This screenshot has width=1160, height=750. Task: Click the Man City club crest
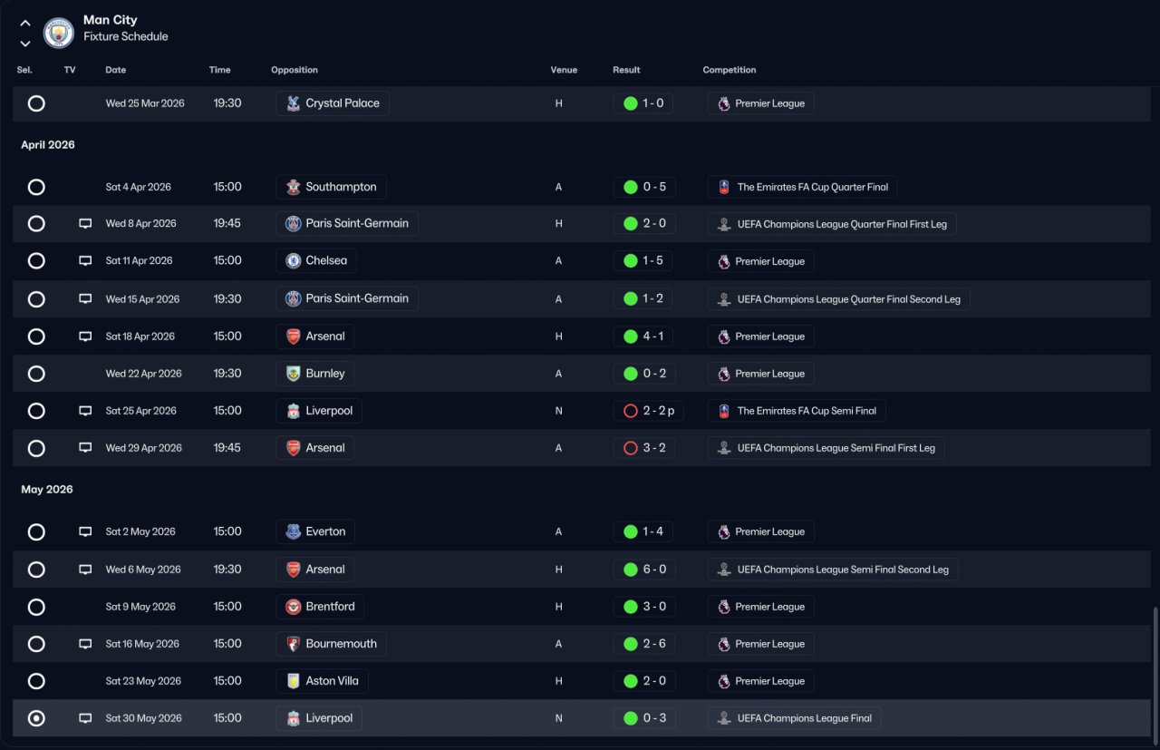[59, 33]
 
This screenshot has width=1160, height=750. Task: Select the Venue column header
[564, 70]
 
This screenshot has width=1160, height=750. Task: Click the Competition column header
[730, 70]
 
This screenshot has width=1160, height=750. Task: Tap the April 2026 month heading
[48, 144]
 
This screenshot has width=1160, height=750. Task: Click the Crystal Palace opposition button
[333, 103]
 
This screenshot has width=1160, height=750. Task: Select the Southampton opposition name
[341, 187]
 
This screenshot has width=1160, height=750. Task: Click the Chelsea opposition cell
[316, 260]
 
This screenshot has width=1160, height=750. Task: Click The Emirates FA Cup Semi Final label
[807, 411]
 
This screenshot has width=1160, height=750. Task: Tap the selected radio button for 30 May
[36, 718]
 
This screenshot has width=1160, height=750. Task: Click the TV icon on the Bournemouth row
[85, 644]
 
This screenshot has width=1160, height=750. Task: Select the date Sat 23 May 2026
[143, 680]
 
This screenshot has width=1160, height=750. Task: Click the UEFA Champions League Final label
[804, 718]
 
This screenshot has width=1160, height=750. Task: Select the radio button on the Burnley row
[36, 373]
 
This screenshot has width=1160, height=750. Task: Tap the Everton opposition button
[315, 531]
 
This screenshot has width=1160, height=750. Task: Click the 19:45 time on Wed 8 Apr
[227, 223]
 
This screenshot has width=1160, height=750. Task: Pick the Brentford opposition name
[331, 607]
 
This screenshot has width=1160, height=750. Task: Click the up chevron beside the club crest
[24, 24]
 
